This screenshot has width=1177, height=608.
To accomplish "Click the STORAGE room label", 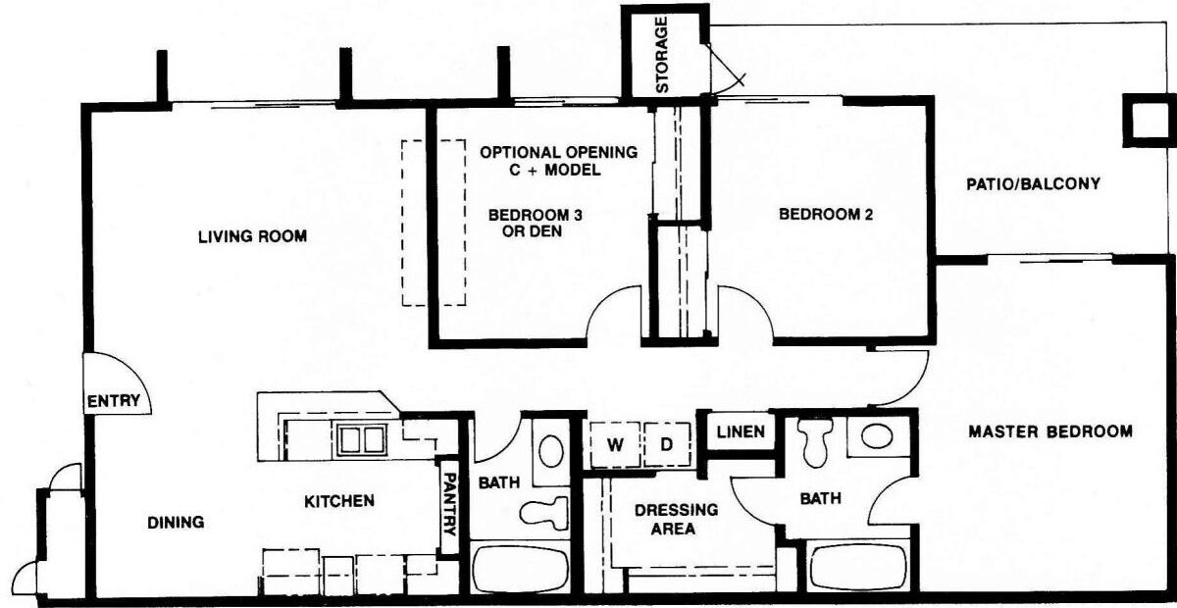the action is (x=662, y=55).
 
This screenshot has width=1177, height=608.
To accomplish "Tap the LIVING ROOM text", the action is (x=253, y=236).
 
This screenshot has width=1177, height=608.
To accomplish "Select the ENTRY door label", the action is (x=114, y=401).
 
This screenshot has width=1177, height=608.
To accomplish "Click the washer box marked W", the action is (x=615, y=444).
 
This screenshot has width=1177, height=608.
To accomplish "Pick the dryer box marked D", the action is (x=667, y=444).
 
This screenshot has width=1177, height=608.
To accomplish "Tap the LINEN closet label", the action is (x=741, y=431).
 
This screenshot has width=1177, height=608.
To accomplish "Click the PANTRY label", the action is (x=450, y=504).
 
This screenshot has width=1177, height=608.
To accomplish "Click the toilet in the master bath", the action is (x=815, y=440).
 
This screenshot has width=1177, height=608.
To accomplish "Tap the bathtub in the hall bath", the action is (x=520, y=569).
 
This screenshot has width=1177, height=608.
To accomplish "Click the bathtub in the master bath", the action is (x=858, y=567).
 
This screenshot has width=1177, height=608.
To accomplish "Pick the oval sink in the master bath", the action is (x=877, y=436).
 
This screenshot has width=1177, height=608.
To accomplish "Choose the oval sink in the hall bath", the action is (x=551, y=451).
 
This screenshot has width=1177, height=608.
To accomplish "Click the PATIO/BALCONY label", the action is (x=1033, y=184).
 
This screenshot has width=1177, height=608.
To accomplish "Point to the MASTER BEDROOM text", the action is (x=1050, y=431).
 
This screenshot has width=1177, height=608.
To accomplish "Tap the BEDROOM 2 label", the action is (x=826, y=215).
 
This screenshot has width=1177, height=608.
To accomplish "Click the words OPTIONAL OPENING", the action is (x=558, y=152).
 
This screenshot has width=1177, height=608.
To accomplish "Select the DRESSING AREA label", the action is (x=676, y=519).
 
